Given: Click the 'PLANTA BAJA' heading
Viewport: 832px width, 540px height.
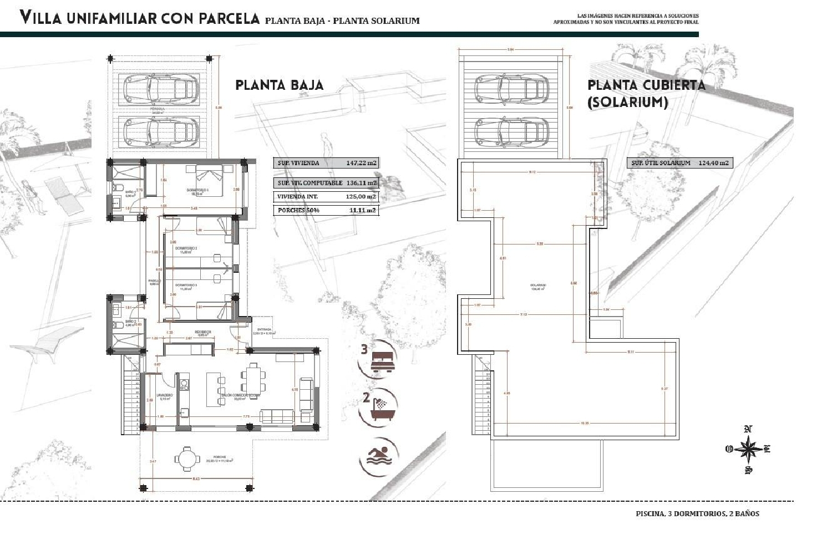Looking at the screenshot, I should [x=279, y=85].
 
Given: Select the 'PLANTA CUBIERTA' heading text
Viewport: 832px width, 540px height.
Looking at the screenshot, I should [x=646, y=85].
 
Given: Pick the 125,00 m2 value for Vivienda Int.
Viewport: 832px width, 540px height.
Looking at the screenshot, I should [x=361, y=196].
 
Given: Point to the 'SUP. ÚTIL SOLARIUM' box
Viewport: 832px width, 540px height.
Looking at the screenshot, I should [x=680, y=163].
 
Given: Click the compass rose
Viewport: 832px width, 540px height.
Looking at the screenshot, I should [x=748, y=449].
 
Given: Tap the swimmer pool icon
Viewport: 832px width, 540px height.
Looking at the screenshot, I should [x=379, y=457].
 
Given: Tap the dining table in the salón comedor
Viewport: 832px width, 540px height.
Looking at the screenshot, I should [x=253, y=380].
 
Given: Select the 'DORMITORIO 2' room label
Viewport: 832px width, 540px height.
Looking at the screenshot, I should [x=186, y=248].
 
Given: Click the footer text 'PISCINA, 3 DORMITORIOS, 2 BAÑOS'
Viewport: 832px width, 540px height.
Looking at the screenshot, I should [x=697, y=513].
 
